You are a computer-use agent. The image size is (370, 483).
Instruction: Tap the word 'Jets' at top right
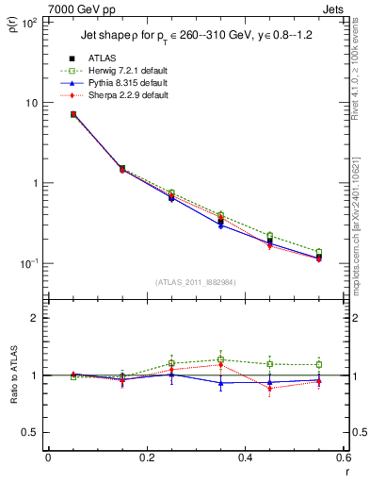click(x=334, y=8)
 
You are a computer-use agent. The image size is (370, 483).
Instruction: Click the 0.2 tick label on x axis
click(x=145, y=459)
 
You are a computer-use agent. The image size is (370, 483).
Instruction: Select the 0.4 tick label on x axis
click(x=244, y=459)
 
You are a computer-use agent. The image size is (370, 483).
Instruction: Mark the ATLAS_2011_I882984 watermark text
click(x=195, y=283)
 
